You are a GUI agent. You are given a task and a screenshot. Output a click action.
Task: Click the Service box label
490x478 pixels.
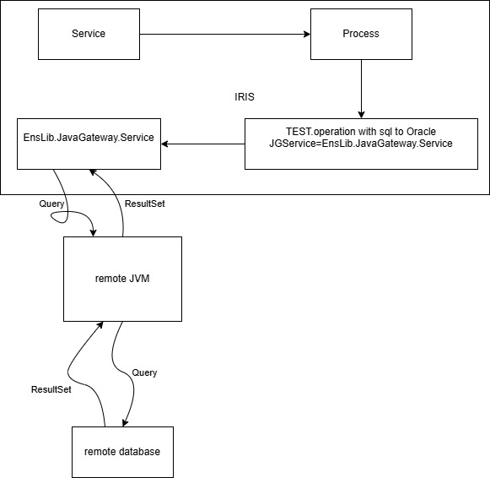[x=89, y=34]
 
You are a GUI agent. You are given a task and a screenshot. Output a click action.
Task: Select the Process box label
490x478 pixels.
[x=361, y=34]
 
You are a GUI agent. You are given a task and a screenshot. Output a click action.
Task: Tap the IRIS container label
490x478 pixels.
[x=245, y=97]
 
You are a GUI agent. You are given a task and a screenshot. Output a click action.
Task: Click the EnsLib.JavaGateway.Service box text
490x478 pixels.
[x=89, y=138]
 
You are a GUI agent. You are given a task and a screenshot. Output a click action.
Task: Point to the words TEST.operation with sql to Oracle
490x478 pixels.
[x=361, y=132]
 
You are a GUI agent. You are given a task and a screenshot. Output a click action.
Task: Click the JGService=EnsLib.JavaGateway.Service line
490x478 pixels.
[x=361, y=144]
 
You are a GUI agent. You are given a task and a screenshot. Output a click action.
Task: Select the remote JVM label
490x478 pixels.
[x=122, y=279]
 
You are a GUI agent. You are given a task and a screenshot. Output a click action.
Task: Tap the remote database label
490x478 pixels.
[x=122, y=452]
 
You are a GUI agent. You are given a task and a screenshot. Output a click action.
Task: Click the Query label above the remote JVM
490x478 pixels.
[x=51, y=204]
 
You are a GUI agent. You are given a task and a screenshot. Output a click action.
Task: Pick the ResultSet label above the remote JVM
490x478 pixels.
[x=145, y=204]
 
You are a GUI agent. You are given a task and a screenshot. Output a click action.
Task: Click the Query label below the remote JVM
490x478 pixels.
[x=144, y=372]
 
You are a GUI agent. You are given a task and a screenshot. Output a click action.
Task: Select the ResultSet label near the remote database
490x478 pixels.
[x=51, y=389]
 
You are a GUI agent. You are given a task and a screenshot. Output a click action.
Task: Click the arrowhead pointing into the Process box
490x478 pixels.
[x=307, y=34]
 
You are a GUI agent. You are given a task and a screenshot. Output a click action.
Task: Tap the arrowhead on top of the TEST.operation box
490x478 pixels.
[x=361, y=115]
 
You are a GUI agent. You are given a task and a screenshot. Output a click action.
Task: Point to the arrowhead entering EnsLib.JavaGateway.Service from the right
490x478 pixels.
[x=164, y=144]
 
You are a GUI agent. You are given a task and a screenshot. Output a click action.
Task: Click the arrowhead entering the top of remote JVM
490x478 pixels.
[x=93, y=233]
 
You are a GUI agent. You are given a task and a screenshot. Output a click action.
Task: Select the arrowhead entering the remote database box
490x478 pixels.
[x=125, y=422]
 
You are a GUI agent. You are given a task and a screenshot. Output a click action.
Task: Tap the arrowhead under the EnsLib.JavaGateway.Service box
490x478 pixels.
[x=92, y=171]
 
